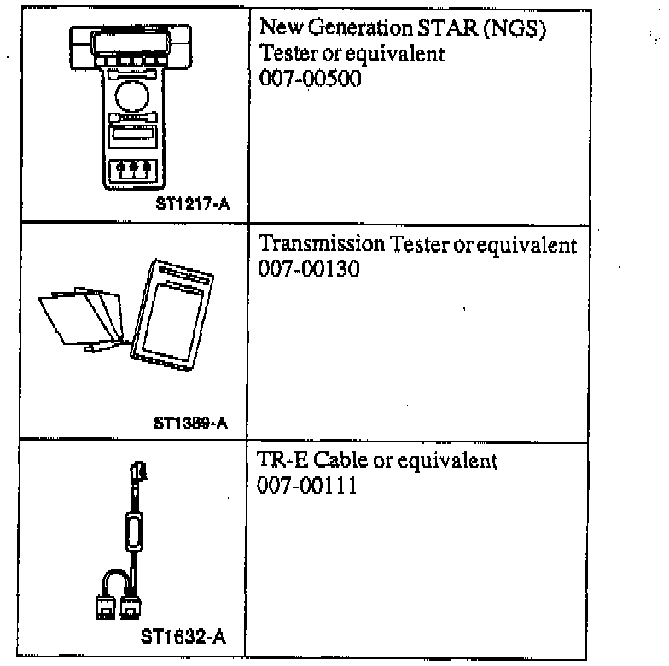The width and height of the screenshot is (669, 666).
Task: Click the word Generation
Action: [357, 31]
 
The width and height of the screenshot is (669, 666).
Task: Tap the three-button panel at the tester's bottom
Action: [131, 168]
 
